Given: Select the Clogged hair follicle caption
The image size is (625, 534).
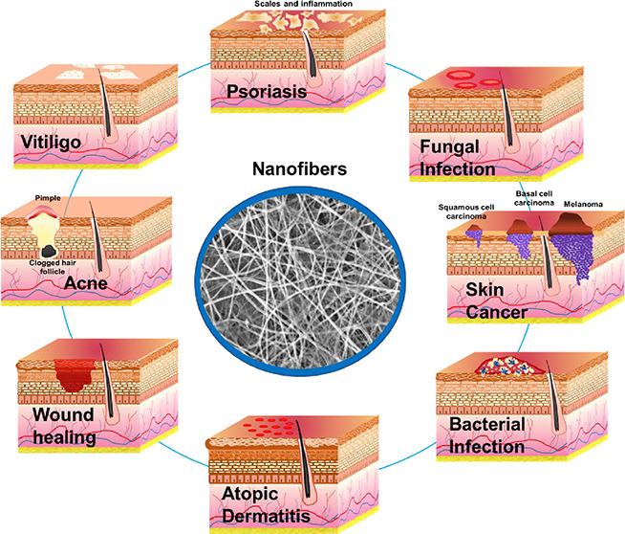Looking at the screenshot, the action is [39, 264].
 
